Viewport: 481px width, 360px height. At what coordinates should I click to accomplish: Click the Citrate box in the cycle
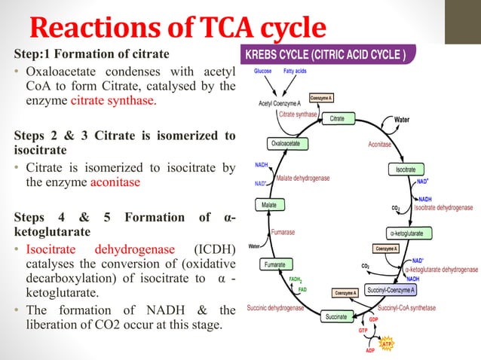coord(339,118)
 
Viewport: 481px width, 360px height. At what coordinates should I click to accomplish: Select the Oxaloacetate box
coord(287,143)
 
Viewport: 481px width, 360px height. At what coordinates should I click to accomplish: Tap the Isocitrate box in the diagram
coord(406,169)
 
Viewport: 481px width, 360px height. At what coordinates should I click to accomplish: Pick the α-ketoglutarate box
coord(409,233)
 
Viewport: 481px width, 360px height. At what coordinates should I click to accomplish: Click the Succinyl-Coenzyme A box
coord(391,290)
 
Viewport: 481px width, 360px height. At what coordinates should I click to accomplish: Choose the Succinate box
coord(336,316)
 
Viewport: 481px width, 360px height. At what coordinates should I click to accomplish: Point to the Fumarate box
coord(276,264)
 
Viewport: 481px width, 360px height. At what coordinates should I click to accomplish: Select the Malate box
coord(270,205)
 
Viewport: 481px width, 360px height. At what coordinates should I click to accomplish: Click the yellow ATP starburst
coord(386,344)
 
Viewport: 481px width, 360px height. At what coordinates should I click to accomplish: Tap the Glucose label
coord(262,71)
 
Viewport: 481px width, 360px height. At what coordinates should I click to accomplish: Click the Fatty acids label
coord(295,71)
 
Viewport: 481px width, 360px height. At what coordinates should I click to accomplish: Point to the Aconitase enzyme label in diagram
coord(380,145)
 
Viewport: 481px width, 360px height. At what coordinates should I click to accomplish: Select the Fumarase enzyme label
coord(283,232)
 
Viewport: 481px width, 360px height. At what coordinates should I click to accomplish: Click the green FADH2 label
coord(296,279)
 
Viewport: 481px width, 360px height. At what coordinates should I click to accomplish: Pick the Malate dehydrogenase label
coord(303,178)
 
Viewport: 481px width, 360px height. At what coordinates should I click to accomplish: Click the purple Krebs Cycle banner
coord(328,54)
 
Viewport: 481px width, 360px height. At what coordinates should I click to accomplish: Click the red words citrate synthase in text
coord(114,100)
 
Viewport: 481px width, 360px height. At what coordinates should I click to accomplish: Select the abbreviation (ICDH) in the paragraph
coord(215,249)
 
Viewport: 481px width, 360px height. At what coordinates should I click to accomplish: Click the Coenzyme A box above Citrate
coord(321,98)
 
